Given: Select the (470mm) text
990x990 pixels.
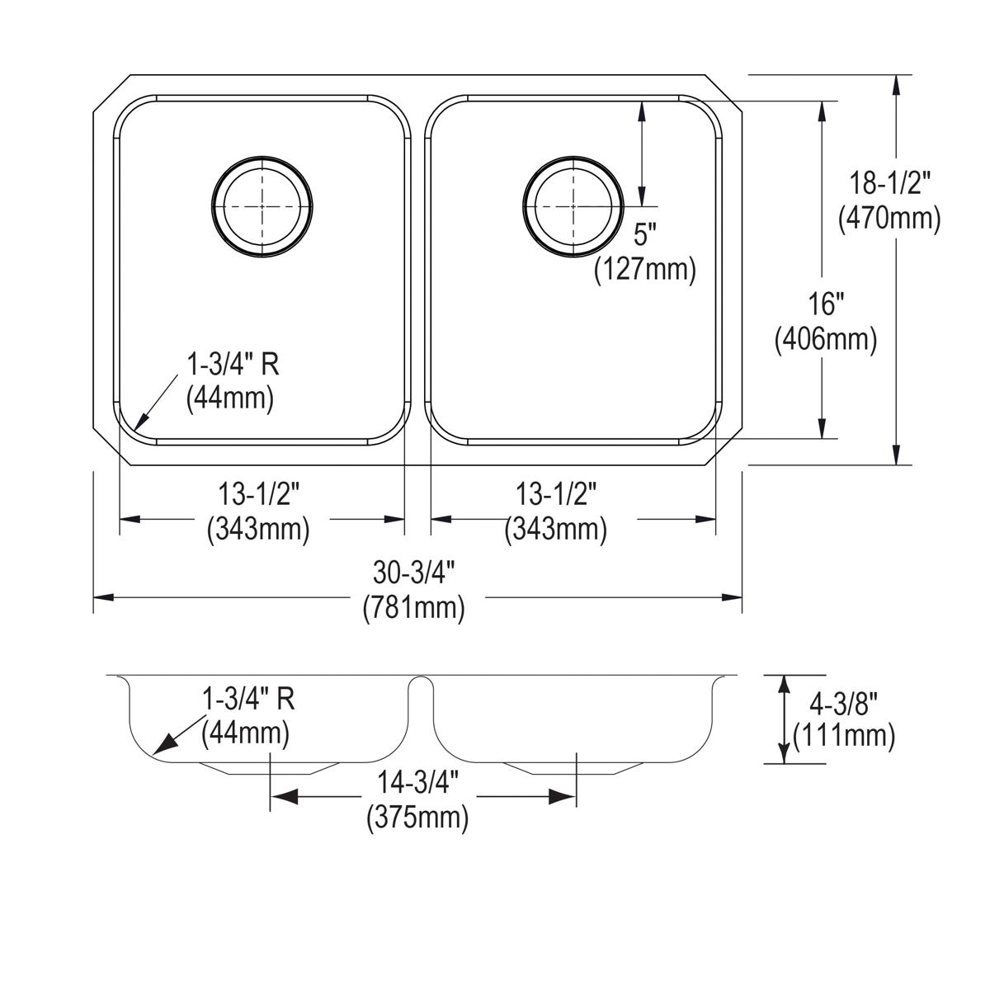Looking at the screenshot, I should pos(889,219).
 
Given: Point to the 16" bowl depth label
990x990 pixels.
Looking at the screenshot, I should pos(825,304).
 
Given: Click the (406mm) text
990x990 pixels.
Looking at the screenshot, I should pos(825,339).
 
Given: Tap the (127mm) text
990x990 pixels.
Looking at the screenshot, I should pos(645,270).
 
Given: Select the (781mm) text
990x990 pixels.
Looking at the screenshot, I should pos(414,607).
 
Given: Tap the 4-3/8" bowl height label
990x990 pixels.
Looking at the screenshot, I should pos(843,702).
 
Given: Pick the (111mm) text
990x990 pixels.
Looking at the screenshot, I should pos(843,736).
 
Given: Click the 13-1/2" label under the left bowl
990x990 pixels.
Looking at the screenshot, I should pos(258,495).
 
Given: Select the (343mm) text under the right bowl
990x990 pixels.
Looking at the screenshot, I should pos(556,529).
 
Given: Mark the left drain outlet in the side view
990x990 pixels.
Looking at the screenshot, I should pos(270,768).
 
